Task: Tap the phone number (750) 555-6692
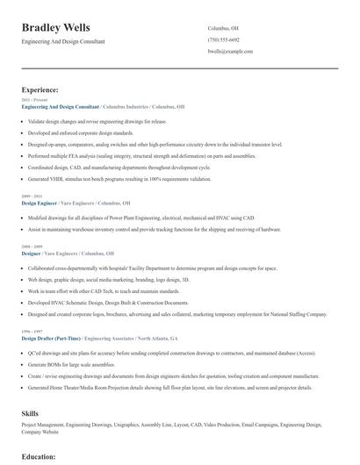pos(223,39)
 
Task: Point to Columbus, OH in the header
pos(222,28)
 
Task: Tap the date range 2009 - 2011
pos(31,196)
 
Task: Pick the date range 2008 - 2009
pos(31,247)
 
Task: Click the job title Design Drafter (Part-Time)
pos(51,338)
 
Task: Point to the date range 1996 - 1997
pos(31,332)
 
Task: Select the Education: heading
pos(39,457)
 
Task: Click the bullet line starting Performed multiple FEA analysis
pos(140,155)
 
